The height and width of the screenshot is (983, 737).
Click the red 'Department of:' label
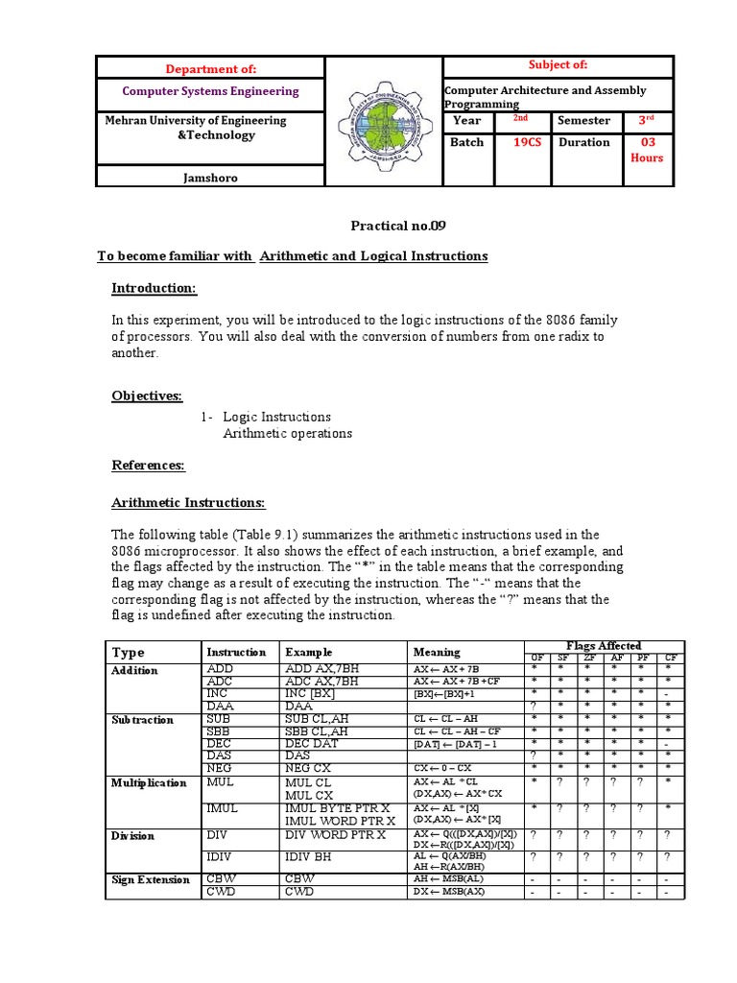coord(210,68)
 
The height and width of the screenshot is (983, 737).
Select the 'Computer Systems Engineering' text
coord(210,91)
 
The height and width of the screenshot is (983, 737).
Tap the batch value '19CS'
coord(521,142)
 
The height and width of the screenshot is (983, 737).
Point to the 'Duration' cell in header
coord(583,142)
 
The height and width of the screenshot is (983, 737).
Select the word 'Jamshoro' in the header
coord(210,177)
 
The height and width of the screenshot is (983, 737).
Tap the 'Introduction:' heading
coord(155,289)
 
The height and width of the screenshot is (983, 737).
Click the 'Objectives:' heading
coord(147,396)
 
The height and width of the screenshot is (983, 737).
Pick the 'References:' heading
coord(148,466)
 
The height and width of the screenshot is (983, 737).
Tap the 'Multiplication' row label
coord(149,783)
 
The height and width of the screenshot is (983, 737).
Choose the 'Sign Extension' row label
coord(152,879)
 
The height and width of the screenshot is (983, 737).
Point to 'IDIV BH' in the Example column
coord(308,856)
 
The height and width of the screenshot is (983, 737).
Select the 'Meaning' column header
coord(437,652)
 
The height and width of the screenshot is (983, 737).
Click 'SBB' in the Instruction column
coord(221,731)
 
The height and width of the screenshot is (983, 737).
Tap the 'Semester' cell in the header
coord(583,121)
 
